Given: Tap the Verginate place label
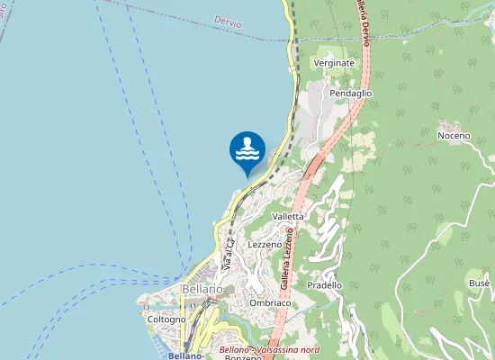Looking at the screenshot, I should (x=334, y=64).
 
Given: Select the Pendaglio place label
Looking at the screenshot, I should (x=350, y=93).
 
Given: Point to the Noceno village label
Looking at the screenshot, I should (x=454, y=136).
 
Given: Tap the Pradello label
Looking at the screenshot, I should (x=324, y=285).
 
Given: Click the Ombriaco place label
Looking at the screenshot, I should (x=269, y=303).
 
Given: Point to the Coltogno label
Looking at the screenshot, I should (x=166, y=319).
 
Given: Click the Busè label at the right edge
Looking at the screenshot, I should (x=479, y=283).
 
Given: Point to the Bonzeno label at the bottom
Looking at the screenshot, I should (x=243, y=356).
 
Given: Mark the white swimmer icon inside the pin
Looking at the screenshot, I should (x=247, y=148).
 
